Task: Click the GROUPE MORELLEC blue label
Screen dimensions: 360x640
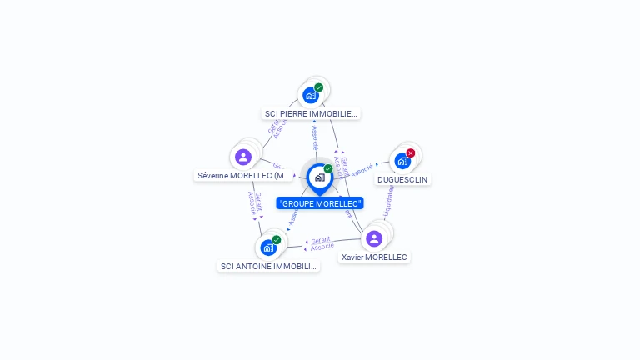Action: pyautogui.click(x=320, y=203)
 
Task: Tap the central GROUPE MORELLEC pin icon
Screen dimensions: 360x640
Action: pyautogui.click(x=319, y=177)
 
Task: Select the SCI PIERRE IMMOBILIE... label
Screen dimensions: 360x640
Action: pyautogui.click(x=311, y=113)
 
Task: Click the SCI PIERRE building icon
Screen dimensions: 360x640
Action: pyautogui.click(x=311, y=95)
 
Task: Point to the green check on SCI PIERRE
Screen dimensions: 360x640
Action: pyautogui.click(x=319, y=87)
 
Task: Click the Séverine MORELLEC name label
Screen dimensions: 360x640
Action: pyautogui.click(x=243, y=176)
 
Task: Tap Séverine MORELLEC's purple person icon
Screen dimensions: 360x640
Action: pyautogui.click(x=243, y=157)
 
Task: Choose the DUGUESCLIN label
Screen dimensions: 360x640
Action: pyautogui.click(x=403, y=179)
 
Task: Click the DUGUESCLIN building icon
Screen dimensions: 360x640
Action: pyautogui.click(x=402, y=161)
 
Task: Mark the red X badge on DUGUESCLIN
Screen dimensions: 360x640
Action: pyautogui.click(x=411, y=153)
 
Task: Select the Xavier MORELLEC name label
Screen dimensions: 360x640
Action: pyautogui.click(x=374, y=257)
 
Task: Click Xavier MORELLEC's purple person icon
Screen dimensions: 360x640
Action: pyautogui.click(x=374, y=238)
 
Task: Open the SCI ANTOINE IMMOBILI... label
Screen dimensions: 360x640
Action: pyautogui.click(x=268, y=266)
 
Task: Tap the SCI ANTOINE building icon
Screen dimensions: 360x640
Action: pyautogui.click(x=268, y=247)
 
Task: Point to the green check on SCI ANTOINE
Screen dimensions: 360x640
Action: pyautogui.click(x=277, y=240)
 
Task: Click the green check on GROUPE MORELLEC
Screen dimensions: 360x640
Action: pyautogui.click(x=328, y=169)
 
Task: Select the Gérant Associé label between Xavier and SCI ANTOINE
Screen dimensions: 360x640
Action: pyautogui.click(x=322, y=243)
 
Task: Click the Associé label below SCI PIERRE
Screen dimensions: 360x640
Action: pyautogui.click(x=314, y=134)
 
